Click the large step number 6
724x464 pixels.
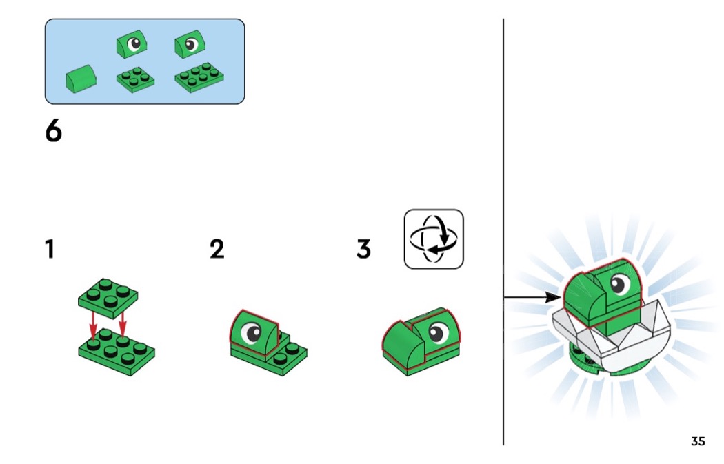[x=54, y=131]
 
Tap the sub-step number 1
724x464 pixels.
[x=50, y=249]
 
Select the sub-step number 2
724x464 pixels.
[x=217, y=249]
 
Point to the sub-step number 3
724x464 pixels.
[x=364, y=249]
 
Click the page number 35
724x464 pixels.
[x=698, y=441]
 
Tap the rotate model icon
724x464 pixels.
[x=434, y=239]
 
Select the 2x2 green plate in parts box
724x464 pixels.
[x=135, y=80]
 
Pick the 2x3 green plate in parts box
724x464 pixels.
[x=199, y=78]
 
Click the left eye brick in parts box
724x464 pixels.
[x=132, y=44]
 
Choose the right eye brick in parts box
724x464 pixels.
[x=190, y=44]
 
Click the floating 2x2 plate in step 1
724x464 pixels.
[x=108, y=299]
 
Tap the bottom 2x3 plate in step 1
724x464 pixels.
[x=117, y=352]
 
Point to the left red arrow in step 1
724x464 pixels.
[x=93, y=325]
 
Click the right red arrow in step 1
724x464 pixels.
[x=122, y=322]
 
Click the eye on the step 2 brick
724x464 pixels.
[x=252, y=332]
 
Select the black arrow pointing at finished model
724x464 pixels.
[x=532, y=297]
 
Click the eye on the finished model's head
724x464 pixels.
[x=620, y=284]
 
